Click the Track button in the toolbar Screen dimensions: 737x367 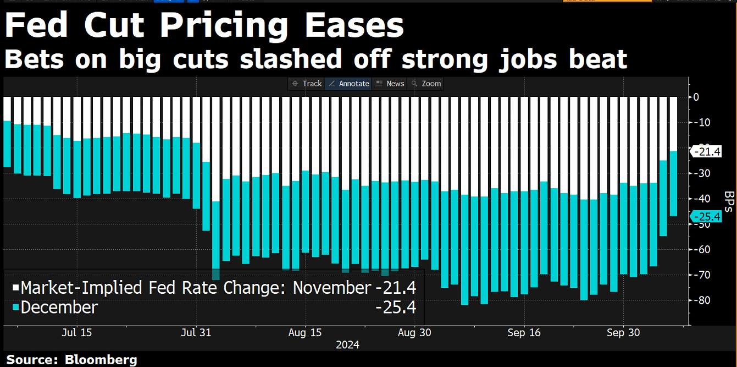point(307,84)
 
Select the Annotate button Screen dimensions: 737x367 point(349,84)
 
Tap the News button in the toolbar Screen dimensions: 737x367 point(390,84)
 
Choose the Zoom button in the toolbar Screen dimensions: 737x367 point(426,84)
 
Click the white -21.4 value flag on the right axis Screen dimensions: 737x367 point(706,151)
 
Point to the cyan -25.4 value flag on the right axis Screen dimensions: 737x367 point(706,217)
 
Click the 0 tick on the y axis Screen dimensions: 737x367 point(696,97)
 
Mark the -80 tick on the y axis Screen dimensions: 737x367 point(701,300)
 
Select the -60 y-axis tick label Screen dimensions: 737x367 point(701,249)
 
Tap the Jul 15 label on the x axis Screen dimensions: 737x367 point(76,333)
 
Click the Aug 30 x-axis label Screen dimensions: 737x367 point(414,333)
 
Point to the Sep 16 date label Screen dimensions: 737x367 point(524,333)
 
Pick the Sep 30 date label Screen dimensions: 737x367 point(623,333)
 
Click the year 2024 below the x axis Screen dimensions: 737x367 point(347,345)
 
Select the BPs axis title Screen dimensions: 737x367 point(729,201)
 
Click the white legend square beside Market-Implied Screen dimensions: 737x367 point(15,288)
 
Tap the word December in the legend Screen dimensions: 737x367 point(59,308)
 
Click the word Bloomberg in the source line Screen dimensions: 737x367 point(101,360)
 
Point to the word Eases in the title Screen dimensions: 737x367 point(354,26)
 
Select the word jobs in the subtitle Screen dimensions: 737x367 point(528,60)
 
